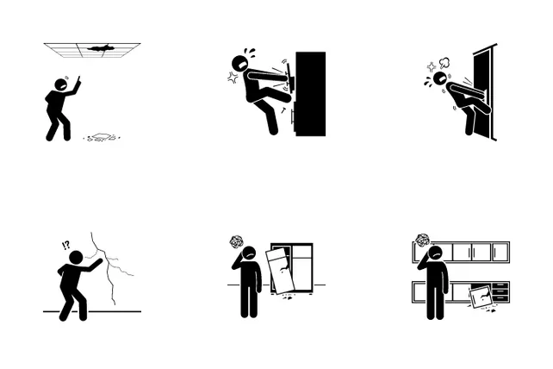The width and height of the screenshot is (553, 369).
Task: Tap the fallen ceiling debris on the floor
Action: coord(102,137)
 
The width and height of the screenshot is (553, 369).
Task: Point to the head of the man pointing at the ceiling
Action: coord(61,85)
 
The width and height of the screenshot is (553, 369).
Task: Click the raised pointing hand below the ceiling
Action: coord(78,82)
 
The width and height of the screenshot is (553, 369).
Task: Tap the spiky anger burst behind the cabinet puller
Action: coord(232,78)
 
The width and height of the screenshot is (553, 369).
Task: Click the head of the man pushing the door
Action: coord(440,78)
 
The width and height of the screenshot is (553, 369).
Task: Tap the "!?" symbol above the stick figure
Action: coord(65,245)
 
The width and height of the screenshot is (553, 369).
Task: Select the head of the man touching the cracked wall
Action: coord(76,258)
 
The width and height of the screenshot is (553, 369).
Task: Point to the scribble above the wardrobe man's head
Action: coord(235,242)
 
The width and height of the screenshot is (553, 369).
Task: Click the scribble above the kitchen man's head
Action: coord(422,241)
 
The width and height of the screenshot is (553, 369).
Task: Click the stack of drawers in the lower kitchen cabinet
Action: coord(500,292)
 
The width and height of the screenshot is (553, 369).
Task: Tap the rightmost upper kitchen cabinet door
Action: coord(500,252)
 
